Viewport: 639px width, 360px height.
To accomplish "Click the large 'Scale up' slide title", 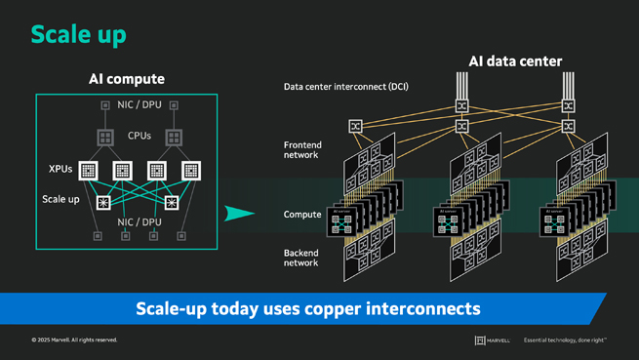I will (x=78, y=34).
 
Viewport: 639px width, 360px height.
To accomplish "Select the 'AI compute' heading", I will (x=120, y=79).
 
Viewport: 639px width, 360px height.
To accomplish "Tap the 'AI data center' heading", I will (x=514, y=60).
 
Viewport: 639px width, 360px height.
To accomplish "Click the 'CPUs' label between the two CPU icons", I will (x=139, y=137).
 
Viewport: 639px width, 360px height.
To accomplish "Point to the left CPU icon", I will (x=105, y=138).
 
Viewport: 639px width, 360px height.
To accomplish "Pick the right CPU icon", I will (x=174, y=138).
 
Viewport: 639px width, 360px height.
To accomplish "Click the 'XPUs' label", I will (x=60, y=169).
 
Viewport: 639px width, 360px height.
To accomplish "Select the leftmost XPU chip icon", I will (x=88, y=171).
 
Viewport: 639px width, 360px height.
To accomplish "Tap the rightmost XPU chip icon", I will (x=192, y=171).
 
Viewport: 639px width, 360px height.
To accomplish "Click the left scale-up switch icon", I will (x=104, y=203).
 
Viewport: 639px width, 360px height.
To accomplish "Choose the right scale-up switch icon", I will (x=173, y=203).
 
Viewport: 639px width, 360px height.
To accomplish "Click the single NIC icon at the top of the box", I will (x=105, y=104).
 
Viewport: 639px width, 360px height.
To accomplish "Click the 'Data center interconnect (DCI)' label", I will (x=345, y=87).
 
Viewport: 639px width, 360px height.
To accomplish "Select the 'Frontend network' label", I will (x=301, y=149).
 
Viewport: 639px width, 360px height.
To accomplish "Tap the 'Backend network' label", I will (x=300, y=258).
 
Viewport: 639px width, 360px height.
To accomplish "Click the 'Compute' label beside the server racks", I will (x=302, y=214).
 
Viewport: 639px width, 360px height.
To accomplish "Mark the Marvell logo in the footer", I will (x=494, y=340).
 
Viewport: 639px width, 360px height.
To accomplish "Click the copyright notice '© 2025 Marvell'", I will (x=74, y=340).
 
